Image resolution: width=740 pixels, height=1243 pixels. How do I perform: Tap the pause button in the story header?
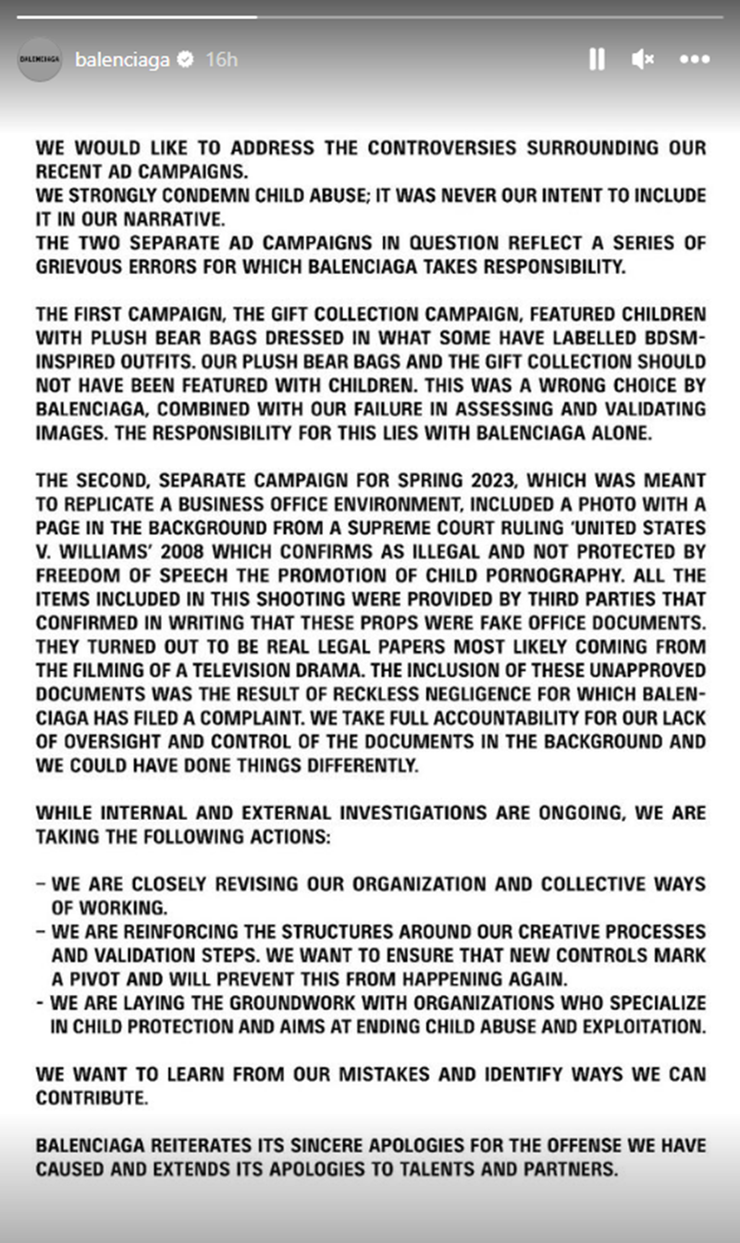597,59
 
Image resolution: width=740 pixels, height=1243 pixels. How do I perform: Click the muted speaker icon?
643,59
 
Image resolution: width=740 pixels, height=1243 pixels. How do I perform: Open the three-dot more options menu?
694,59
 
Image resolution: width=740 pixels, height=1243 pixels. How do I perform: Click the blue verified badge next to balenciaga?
185,59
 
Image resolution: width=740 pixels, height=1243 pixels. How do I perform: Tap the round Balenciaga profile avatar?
40,58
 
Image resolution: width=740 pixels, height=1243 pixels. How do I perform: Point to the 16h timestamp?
221,59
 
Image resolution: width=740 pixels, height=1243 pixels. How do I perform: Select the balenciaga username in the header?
122,59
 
